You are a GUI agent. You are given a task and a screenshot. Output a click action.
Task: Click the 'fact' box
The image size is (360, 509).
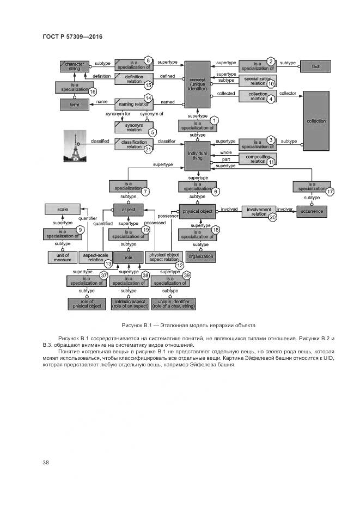click(315, 66)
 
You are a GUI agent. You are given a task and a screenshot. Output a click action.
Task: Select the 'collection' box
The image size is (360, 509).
click(316, 121)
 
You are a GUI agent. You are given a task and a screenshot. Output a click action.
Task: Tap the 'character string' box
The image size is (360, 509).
click(75, 66)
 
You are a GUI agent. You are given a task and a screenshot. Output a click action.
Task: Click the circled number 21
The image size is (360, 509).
click(148, 150)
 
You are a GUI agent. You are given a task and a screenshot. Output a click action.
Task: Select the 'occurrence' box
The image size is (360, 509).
click(312, 211)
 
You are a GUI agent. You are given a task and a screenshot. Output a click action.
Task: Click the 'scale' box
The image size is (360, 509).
click(62, 209)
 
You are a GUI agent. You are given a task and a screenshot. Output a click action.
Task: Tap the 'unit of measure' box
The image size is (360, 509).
click(63, 257)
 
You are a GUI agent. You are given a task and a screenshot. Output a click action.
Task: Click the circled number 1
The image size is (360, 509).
click(215, 120)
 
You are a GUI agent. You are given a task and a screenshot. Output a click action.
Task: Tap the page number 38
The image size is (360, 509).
click(46, 463)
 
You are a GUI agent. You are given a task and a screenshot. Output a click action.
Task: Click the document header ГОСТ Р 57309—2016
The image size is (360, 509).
click(72, 36)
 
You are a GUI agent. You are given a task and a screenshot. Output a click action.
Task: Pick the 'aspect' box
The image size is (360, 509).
click(128, 209)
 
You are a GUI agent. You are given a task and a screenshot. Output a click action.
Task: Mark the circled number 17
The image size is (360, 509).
click(330, 192)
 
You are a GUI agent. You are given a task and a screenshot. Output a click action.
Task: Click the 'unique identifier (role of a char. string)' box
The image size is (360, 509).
click(173, 304)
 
